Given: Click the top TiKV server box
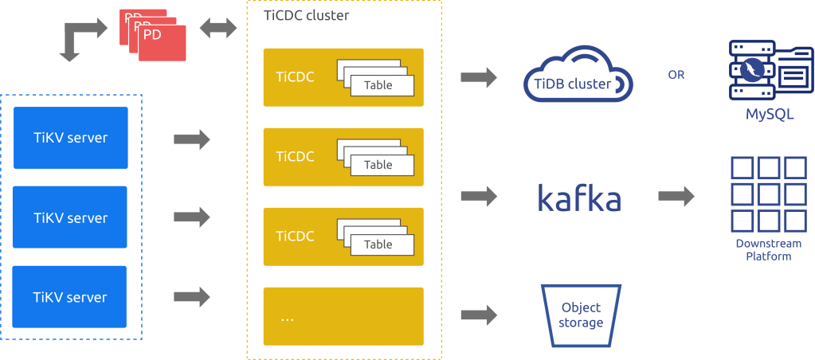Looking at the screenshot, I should tap(71, 138).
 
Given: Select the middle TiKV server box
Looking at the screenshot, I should tap(71, 217).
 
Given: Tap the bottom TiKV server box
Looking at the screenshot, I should tap(71, 297).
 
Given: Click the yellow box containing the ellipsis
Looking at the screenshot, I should tap(343, 316).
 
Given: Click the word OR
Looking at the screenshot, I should tap(676, 76).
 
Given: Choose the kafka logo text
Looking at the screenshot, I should tap(579, 197).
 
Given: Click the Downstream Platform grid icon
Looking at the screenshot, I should tap(769, 194).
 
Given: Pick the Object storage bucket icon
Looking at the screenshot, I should tap(581, 315).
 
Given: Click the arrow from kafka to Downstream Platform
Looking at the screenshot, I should tap(676, 197).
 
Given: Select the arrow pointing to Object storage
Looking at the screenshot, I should tap(479, 315).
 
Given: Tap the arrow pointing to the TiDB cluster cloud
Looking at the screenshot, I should tap(479, 78).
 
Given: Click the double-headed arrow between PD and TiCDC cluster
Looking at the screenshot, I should tap(217, 29).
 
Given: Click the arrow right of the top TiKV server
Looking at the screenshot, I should tap(191, 140).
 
